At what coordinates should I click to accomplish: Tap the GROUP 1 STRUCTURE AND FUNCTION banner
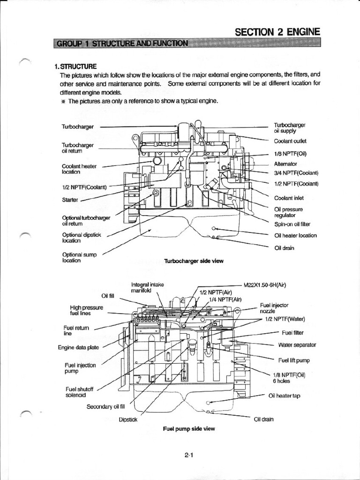click(122, 44)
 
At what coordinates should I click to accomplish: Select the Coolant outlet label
click(290, 141)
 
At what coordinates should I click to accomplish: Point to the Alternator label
click(285, 164)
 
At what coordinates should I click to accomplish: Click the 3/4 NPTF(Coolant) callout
click(296, 173)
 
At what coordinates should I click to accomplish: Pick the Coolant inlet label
click(288, 198)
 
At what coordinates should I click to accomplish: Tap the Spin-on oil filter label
click(292, 224)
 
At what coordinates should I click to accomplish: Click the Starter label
click(70, 200)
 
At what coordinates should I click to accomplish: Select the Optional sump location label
click(79, 257)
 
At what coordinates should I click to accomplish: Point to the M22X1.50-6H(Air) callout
click(271, 285)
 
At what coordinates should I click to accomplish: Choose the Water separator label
click(297, 345)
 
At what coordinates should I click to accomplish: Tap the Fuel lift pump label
click(294, 360)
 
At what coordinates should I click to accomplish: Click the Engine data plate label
click(78, 347)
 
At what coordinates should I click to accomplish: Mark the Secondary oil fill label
click(107, 406)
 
